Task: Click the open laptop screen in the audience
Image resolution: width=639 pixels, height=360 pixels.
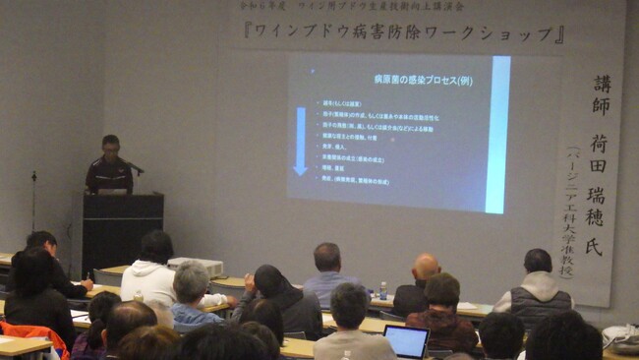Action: point(405,341)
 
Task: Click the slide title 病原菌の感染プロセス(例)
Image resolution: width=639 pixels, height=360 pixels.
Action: point(423,79)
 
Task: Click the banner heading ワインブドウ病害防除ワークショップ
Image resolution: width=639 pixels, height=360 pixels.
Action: point(403,33)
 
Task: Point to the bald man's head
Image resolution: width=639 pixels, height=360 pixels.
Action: point(426,266)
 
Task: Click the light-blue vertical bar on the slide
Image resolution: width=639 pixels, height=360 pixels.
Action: point(498,134)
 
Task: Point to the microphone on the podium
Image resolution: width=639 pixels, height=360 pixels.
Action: point(135,168)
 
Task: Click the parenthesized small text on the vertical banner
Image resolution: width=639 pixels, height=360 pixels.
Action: point(573,211)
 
